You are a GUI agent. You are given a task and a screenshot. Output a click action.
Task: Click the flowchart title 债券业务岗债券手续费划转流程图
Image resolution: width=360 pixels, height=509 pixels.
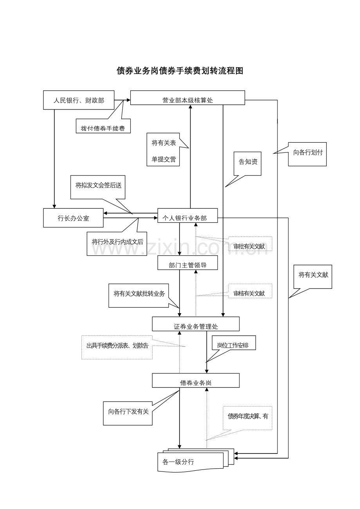180,71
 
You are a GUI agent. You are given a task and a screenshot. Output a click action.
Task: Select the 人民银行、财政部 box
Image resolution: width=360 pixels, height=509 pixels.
79,100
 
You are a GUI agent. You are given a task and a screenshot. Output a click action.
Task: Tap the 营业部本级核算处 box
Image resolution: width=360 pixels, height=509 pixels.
187,98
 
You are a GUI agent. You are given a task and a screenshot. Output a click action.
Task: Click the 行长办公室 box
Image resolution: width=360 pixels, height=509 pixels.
73,218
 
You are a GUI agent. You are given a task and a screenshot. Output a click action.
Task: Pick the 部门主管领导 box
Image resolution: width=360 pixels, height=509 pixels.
187,263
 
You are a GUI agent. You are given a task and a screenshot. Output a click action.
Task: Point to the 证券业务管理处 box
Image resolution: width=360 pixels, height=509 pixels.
195,324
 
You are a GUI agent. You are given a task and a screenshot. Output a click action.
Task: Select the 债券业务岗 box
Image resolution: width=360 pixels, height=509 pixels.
195,380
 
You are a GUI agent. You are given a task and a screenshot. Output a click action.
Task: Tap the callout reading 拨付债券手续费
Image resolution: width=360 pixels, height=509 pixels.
103,127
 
